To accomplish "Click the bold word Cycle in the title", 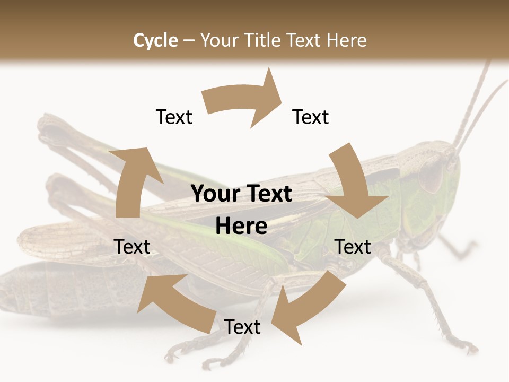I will [155, 40].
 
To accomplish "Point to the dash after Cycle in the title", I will [189, 41].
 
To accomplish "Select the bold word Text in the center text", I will [267, 194].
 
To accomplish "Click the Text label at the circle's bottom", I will [242, 327].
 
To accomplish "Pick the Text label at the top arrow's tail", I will [174, 117].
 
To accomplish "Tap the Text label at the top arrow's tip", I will [311, 117].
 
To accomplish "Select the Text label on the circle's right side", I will [353, 247].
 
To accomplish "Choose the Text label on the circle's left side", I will [132, 247].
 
